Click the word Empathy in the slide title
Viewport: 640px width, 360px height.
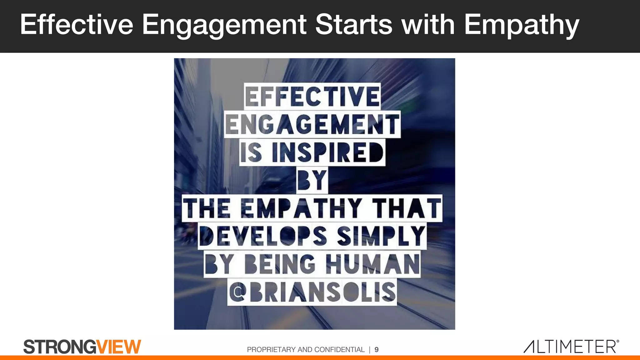pyautogui.click(x=521, y=25)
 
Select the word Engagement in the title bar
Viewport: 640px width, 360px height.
pyautogui.click(x=224, y=25)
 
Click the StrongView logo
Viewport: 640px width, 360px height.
pyautogui.click(x=82, y=347)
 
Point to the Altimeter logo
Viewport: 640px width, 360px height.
pyautogui.click(x=571, y=347)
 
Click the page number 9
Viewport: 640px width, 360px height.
pyautogui.click(x=377, y=350)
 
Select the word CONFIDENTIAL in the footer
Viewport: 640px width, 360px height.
pyautogui.click(x=339, y=350)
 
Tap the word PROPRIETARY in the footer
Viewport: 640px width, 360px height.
pyautogui.click(x=271, y=350)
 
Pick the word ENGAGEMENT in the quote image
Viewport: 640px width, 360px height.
pyautogui.click(x=312, y=124)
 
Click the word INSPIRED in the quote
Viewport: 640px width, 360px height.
pyautogui.click(x=327, y=152)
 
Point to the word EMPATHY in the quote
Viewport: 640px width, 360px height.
pyautogui.click(x=301, y=208)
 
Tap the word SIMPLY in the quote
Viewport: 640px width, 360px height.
pyautogui.click(x=381, y=236)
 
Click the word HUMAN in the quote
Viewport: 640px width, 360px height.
pyautogui.click(x=372, y=264)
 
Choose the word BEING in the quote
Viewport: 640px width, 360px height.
pyautogui.click(x=280, y=264)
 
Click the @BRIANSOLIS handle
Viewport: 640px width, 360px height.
pyautogui.click(x=312, y=292)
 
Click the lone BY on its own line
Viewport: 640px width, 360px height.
pyautogui.click(x=312, y=180)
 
